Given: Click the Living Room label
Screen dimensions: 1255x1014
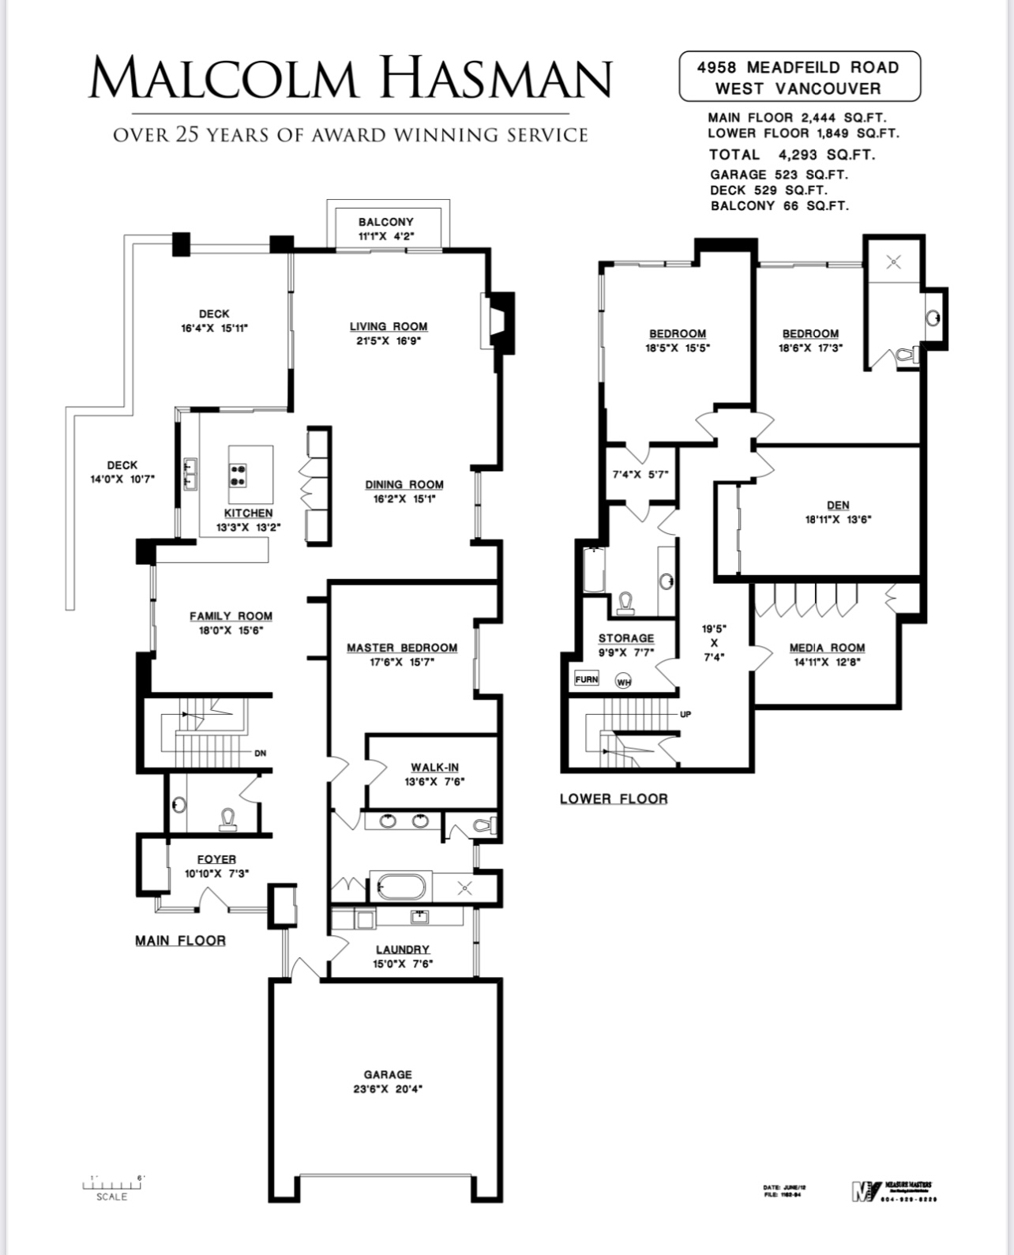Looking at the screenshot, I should (389, 326).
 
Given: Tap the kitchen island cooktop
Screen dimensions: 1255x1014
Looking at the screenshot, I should (237, 474).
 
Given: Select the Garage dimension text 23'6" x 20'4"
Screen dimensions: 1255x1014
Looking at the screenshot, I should (388, 1089).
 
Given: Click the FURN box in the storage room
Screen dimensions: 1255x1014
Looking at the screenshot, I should (587, 679).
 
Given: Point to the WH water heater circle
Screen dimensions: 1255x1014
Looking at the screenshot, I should (624, 682).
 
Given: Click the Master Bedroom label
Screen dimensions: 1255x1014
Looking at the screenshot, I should (402, 648).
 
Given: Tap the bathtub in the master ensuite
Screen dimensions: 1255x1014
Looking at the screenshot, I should (400, 886).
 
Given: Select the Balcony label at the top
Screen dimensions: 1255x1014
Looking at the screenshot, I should (385, 222).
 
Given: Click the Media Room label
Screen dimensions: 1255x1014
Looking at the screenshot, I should (827, 648).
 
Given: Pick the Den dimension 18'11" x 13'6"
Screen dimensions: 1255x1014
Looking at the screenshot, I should (838, 520).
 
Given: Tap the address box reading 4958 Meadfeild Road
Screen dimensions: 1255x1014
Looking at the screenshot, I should (798, 77).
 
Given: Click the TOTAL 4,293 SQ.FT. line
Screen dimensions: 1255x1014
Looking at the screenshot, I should (791, 155).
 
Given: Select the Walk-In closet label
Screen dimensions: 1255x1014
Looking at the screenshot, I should (434, 767).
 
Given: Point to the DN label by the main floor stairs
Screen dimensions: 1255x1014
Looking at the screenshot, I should (261, 753).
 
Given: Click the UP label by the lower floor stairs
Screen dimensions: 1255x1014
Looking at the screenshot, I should (685, 714).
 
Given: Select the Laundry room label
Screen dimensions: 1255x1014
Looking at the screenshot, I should (402, 949).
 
